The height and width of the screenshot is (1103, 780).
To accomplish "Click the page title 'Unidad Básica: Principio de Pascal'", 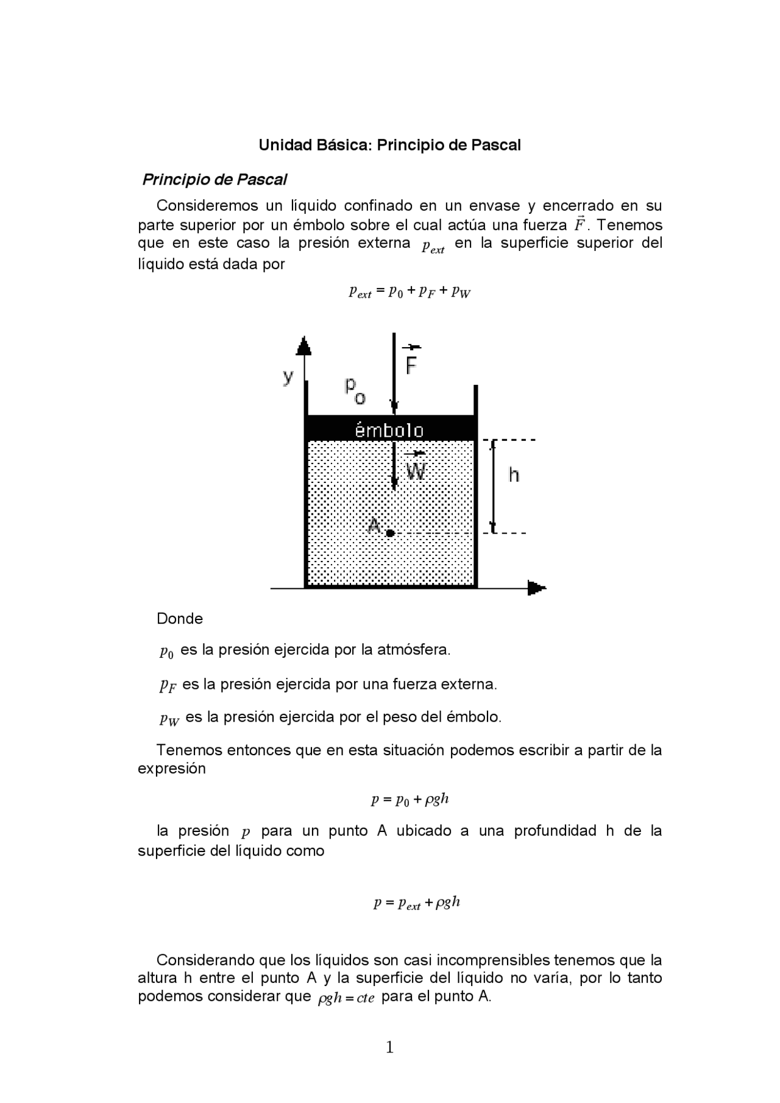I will point(389,145).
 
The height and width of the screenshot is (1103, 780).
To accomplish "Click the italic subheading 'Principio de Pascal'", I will point(214,180).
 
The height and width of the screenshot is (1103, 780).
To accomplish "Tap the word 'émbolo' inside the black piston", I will point(389,431).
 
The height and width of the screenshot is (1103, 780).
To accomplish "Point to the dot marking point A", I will point(390,533).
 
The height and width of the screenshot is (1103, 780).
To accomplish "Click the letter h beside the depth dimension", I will point(514,474).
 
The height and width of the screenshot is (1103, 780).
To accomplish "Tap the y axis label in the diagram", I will point(288,376).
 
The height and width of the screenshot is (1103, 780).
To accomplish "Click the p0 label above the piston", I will point(355,390).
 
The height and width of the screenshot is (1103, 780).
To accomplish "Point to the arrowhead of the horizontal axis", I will point(536,588).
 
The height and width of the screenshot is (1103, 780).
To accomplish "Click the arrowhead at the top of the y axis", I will point(303,347).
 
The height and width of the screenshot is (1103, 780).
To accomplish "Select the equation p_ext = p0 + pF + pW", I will point(409,292).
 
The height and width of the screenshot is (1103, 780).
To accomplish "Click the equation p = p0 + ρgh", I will point(409,800).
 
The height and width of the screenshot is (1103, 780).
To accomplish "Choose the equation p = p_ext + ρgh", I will point(416,903).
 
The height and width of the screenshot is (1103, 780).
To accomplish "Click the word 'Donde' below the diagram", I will point(180,619).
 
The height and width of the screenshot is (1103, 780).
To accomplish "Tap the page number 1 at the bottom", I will point(390,1047).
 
